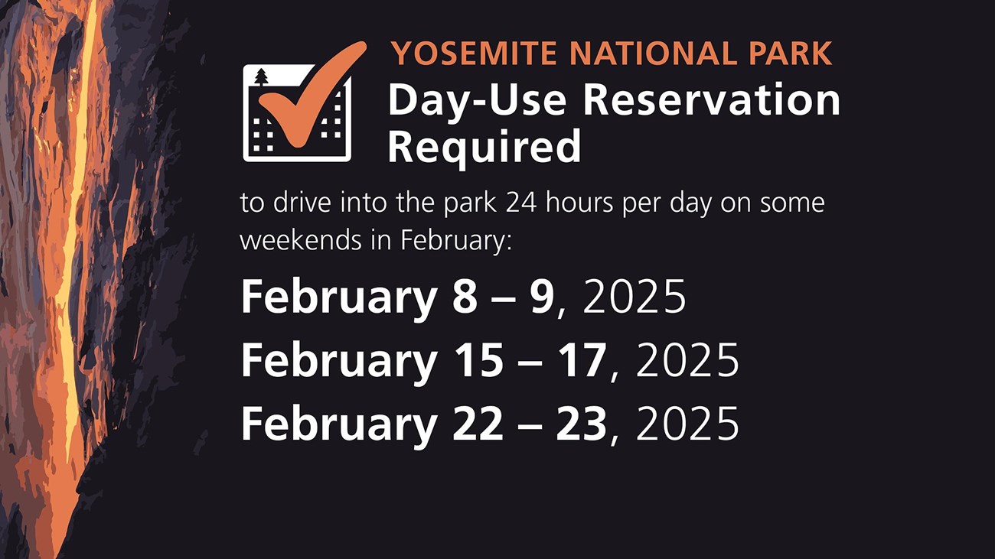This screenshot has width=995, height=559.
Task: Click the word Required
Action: click(x=484, y=147)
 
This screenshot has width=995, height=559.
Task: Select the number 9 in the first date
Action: click(x=541, y=297)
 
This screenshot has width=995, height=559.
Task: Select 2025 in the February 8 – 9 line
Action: click(x=635, y=297)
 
